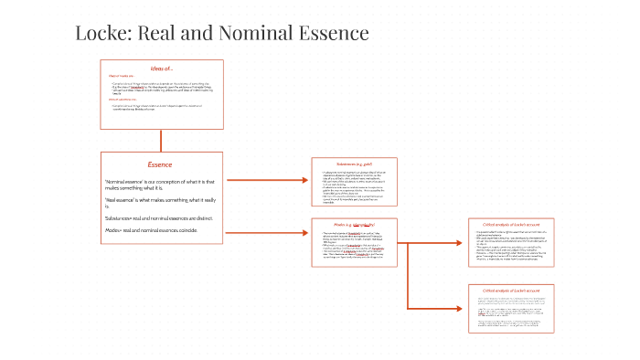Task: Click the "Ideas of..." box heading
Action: [x=162, y=69]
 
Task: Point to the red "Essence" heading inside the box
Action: [x=160, y=164]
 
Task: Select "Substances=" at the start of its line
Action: [x=121, y=218]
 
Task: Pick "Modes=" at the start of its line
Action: [x=114, y=230]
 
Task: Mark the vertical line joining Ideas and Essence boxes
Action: [x=161, y=140]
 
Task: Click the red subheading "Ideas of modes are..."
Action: [x=121, y=76]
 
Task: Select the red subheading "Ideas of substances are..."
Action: [x=123, y=100]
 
